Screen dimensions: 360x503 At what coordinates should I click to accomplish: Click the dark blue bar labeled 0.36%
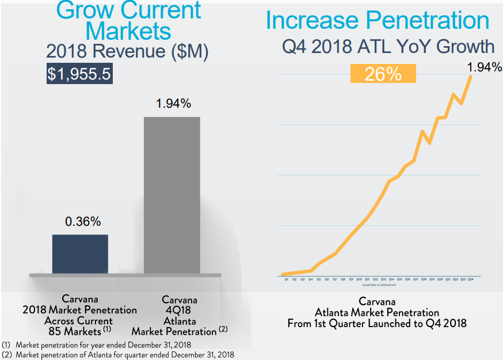pyautogui.click(x=80, y=253)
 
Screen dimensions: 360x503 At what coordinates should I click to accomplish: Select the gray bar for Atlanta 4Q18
pyautogui.click(x=172, y=195)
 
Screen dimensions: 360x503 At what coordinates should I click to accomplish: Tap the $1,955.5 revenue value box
pyautogui.click(x=79, y=74)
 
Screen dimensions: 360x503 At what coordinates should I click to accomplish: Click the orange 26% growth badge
pyautogui.click(x=383, y=73)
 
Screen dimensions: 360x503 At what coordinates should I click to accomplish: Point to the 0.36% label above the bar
pyautogui.click(x=80, y=222)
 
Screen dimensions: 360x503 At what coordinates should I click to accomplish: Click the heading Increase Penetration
pyautogui.click(x=378, y=21)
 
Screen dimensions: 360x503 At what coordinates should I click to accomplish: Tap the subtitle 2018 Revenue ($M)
pyautogui.click(x=127, y=51)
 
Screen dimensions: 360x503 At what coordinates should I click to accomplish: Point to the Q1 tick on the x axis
pyautogui.click(x=286, y=279)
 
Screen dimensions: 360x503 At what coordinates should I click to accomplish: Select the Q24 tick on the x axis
pyautogui.click(x=470, y=279)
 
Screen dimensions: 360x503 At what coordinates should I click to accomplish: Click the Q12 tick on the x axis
pyautogui.click(x=375, y=279)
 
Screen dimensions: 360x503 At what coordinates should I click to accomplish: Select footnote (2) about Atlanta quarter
pyautogui.click(x=118, y=355)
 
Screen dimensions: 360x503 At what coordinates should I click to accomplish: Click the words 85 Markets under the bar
pyautogui.click(x=75, y=331)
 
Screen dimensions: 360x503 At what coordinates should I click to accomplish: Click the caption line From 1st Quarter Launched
pyautogui.click(x=377, y=323)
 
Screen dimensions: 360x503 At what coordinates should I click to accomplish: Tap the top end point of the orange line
pyautogui.click(x=472, y=75)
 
